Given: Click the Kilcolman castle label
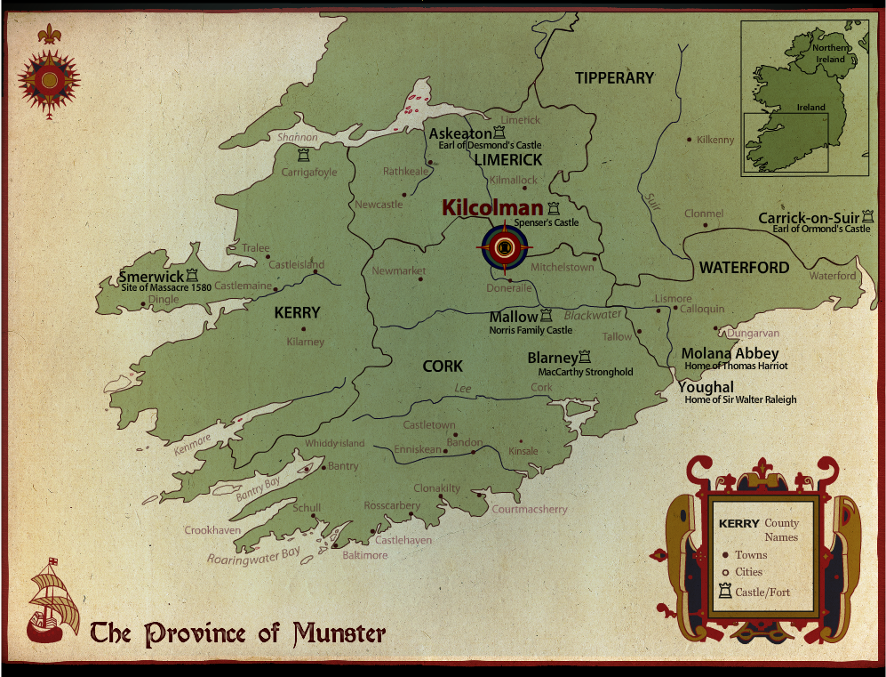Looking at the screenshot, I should coord(492,208).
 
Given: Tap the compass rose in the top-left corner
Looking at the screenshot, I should coord(50,79).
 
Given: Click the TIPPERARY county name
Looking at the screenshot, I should coord(614,78).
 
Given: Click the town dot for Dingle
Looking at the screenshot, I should coord(144,304).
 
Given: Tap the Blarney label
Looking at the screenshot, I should coord(552,358).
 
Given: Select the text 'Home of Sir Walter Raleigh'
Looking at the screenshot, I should coord(740,399).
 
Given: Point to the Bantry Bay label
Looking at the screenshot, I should coord(259,489).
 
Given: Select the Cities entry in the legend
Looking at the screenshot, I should coord(747,572).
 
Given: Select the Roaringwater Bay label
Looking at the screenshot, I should coord(253,556).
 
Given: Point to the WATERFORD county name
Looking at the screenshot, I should coord(744,267).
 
